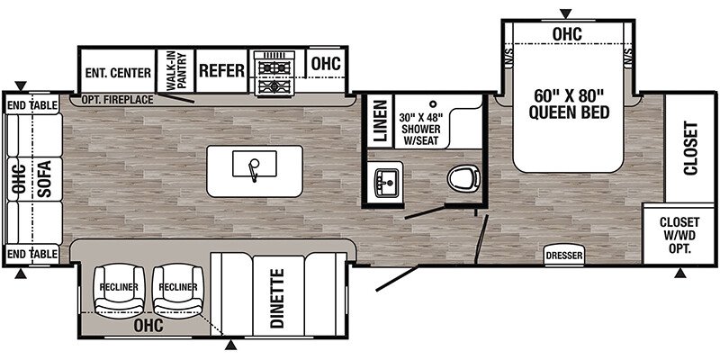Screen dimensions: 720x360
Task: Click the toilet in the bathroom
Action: point(463,178)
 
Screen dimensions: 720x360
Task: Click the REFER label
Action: point(221,71)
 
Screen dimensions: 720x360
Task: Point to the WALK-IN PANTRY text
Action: point(176,70)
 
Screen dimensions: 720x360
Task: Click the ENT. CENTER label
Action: point(118,73)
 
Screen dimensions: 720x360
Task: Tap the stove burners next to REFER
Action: point(274,74)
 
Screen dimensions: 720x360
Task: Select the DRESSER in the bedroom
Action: point(564,256)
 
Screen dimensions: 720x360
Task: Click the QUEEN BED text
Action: point(569,112)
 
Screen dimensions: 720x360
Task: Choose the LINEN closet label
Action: point(381,121)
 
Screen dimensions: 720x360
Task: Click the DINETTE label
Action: point(278,298)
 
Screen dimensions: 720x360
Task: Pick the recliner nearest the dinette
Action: point(178,288)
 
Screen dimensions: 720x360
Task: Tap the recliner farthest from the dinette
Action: point(119,288)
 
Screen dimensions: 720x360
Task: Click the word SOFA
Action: point(44,179)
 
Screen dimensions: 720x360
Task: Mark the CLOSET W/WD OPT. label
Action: point(679,235)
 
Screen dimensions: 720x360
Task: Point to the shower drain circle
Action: point(433,104)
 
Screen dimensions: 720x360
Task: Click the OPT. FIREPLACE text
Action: point(118,100)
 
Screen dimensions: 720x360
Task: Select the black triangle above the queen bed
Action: point(567,13)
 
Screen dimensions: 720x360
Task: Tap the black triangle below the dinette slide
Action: point(232,345)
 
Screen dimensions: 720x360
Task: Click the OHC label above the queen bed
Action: point(567,33)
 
